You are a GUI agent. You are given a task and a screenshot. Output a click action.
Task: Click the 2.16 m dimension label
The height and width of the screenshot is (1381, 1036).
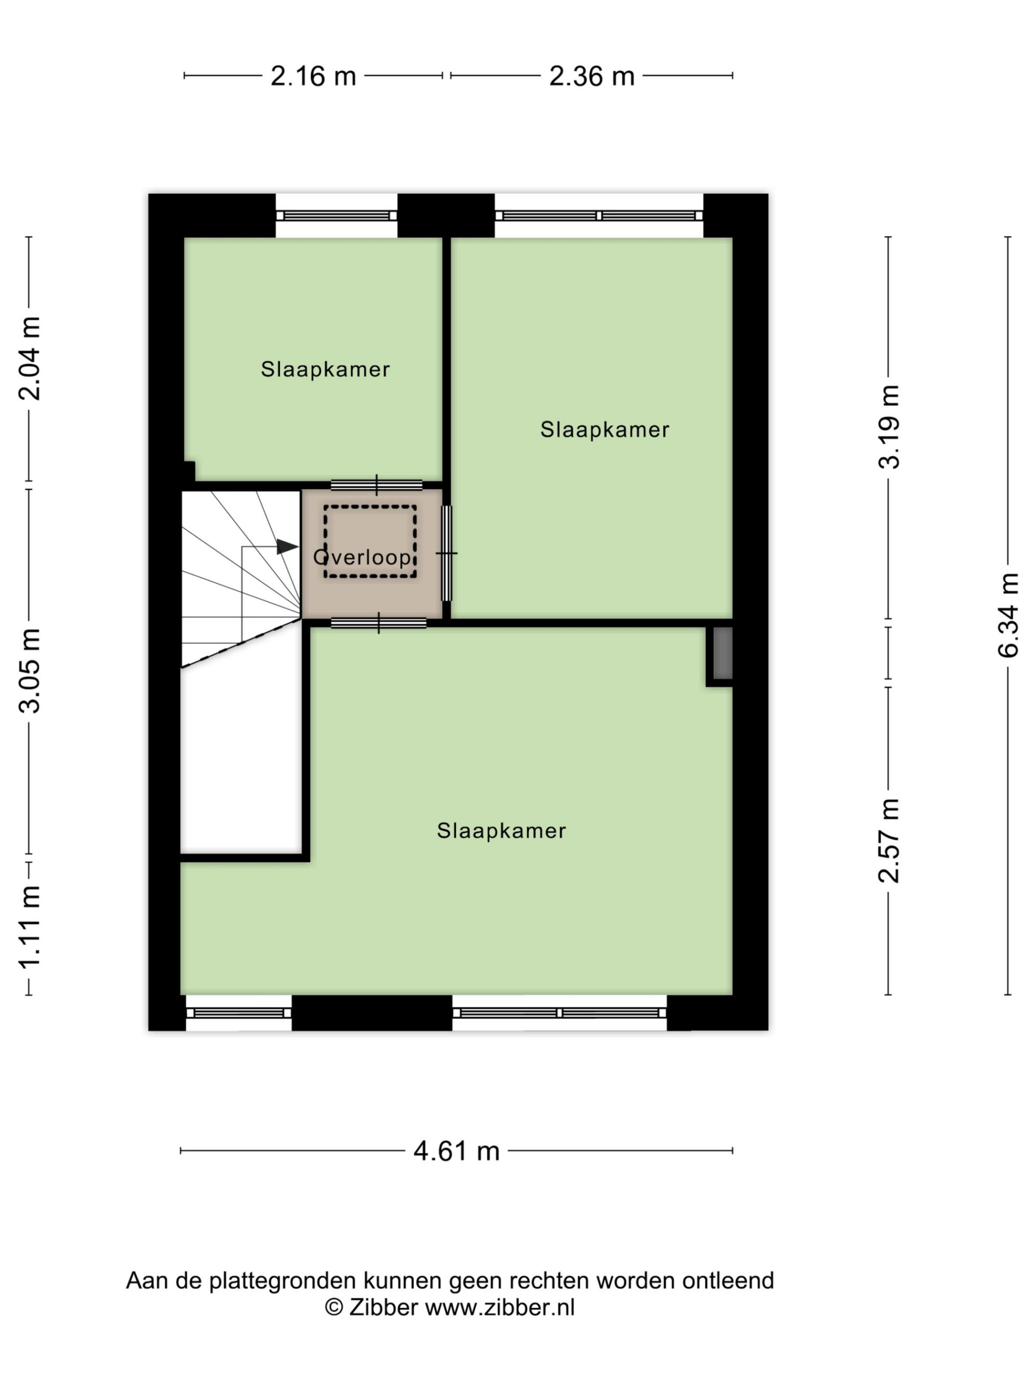click(x=313, y=76)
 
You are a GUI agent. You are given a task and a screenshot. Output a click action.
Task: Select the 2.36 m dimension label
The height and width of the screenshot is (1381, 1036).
click(x=592, y=76)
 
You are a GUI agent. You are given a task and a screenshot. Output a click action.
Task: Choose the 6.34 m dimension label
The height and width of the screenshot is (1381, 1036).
click(x=1008, y=615)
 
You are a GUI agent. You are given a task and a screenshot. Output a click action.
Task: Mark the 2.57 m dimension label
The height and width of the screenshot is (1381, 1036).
click(x=888, y=840)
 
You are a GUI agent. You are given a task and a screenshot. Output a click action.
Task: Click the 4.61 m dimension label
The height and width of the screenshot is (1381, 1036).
click(x=456, y=1151)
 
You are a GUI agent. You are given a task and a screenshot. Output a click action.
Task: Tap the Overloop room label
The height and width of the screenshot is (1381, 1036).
click(x=362, y=557)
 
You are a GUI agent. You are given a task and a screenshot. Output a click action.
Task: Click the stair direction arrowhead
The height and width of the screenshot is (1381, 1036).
click(x=287, y=546)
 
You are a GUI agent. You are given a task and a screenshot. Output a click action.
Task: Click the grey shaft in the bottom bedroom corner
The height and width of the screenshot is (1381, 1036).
click(x=723, y=652)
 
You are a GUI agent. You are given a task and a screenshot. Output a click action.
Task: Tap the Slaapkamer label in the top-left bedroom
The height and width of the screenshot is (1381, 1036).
click(x=325, y=369)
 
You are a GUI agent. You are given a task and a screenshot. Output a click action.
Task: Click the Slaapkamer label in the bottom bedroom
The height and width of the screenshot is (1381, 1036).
click(x=501, y=831)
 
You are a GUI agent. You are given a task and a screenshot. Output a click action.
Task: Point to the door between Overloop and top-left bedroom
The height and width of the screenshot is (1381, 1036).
click(x=377, y=485)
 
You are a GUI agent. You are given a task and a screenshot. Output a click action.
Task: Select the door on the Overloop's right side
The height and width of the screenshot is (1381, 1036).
click(x=447, y=553)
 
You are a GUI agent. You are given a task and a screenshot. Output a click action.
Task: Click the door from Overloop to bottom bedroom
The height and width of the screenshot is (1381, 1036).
click(x=379, y=622)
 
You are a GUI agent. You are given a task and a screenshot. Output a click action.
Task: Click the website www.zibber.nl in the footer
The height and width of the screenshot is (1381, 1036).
click(x=499, y=1307)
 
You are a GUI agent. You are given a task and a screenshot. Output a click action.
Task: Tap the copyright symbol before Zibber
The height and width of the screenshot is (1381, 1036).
click(x=334, y=1307)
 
